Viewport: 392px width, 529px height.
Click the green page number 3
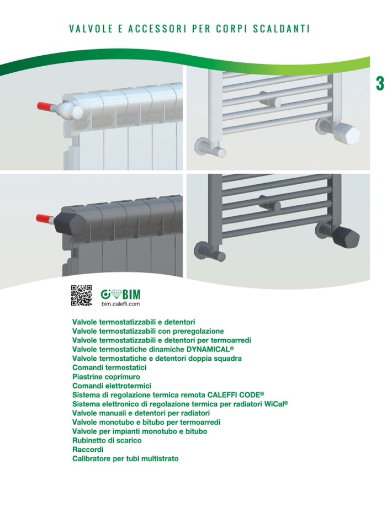pos(380,83)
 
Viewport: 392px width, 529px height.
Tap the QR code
pos(81,296)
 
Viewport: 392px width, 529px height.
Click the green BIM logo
pos(120,295)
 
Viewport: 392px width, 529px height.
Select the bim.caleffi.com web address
pos(120,303)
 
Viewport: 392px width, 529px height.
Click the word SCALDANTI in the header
pos(282,29)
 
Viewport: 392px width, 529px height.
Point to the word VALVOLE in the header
pos(91,29)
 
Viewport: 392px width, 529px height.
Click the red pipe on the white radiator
pos(44,106)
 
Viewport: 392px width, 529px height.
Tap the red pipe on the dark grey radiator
pos(44,218)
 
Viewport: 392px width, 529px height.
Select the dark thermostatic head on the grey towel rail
pos(346,236)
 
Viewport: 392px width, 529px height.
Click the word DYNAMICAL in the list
pos(210,349)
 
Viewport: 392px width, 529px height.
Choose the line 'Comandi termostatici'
pos(109,367)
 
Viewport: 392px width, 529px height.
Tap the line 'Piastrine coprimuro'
pos(106,377)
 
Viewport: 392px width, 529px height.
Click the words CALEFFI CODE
pos(236,395)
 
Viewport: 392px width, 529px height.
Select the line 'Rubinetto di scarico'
pos(107,440)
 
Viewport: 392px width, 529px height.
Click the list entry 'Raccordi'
pos(88,450)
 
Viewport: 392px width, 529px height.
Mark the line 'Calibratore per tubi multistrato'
pos(125,458)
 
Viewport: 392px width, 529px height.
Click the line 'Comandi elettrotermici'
pos(112,386)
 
